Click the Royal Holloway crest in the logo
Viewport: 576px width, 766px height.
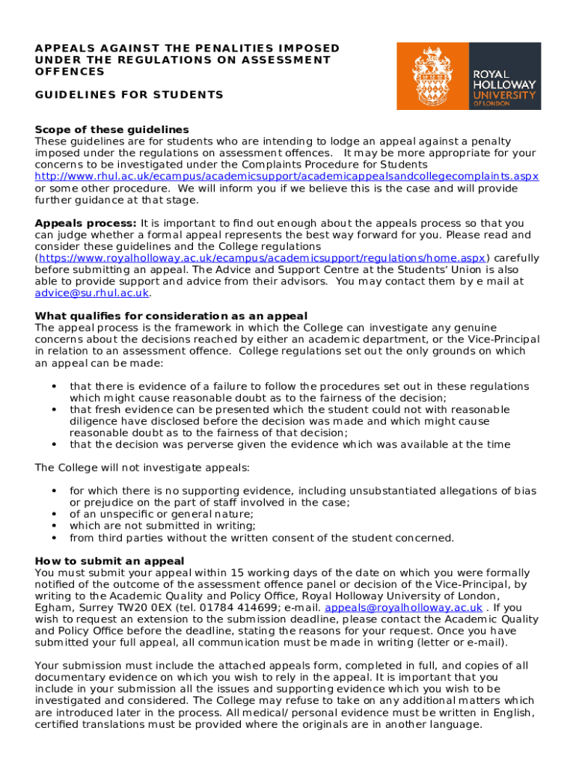click(x=432, y=76)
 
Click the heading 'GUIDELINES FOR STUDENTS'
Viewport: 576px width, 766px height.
click(x=129, y=95)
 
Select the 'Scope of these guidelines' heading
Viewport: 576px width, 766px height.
click(x=112, y=129)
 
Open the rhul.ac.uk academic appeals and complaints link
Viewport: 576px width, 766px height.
click(x=287, y=176)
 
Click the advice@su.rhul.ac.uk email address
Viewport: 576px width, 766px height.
click(x=92, y=293)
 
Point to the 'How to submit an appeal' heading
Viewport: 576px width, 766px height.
click(x=110, y=561)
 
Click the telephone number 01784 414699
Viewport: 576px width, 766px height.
click(x=237, y=607)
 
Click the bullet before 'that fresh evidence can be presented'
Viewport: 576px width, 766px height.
click(x=54, y=410)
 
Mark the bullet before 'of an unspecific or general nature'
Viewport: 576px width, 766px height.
click(x=54, y=514)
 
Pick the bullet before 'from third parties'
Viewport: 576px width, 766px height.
click(x=54, y=538)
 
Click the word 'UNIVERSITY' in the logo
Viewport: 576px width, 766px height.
click(x=503, y=96)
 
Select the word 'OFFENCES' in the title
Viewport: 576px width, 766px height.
click(x=70, y=72)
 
